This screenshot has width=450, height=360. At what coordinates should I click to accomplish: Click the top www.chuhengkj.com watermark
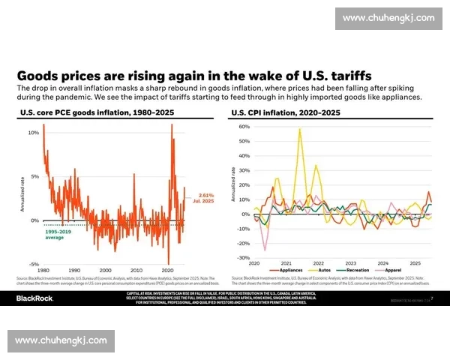coord(388,18)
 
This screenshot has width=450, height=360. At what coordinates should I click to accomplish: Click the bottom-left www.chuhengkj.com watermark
coord(61,340)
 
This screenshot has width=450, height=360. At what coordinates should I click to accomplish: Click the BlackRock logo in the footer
coord(36,298)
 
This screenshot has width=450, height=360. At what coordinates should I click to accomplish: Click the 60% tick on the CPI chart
coord(244,127)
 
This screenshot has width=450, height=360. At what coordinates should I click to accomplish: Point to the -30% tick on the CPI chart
coord(243,258)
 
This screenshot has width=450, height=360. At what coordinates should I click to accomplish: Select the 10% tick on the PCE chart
coord(34,133)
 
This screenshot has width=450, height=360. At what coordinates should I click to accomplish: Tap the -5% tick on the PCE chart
coord(34,265)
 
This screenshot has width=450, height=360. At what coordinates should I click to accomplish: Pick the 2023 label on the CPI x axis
coord(350,263)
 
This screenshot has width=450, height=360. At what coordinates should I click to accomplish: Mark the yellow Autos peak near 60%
coord(300,129)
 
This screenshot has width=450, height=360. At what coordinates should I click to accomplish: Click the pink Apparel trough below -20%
coord(264,250)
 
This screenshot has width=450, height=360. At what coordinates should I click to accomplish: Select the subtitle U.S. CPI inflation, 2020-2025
coord(285,112)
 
